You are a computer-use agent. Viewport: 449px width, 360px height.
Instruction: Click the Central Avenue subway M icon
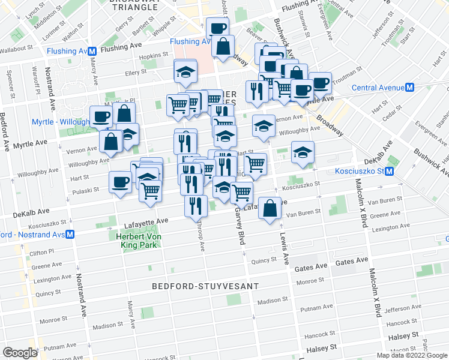[x=410, y=88]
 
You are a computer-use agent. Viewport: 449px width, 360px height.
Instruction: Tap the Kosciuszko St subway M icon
[x=389, y=172]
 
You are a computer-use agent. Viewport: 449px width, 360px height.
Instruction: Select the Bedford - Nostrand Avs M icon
[x=70, y=234]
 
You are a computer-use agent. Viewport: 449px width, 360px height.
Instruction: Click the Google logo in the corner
[x=20, y=353]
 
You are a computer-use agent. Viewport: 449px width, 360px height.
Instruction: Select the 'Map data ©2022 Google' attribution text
[x=412, y=355]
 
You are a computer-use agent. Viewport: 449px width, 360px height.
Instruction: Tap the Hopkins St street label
[x=152, y=56]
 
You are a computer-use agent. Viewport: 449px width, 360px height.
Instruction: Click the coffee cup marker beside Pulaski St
[x=120, y=181]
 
